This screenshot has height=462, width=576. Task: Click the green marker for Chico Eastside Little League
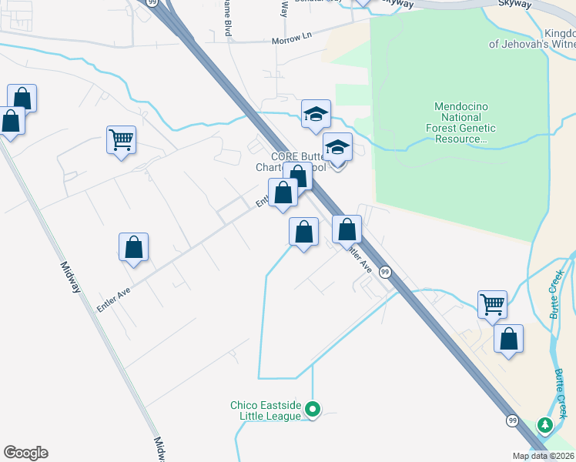coord(312,409)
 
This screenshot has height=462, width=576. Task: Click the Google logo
coord(25,453)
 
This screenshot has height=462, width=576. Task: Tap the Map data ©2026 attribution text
coord(543,456)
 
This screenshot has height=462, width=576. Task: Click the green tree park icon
coord(546,424)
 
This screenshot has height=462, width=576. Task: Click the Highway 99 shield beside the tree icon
coord(512,420)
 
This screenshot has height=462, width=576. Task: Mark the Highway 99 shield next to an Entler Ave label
coord(386,272)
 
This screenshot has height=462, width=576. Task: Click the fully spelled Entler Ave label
coord(113,300)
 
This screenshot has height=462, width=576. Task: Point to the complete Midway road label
coord(72,277)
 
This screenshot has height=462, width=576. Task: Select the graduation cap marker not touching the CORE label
coord(316,113)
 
